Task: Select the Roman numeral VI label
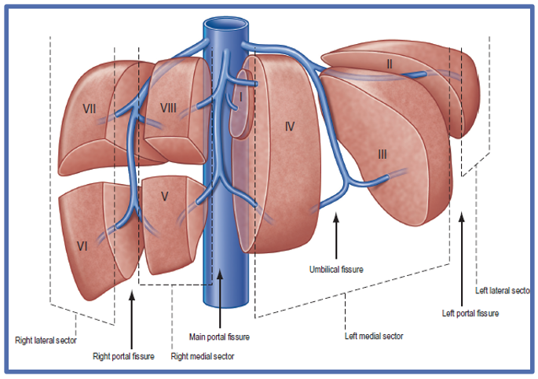click(x=82, y=245)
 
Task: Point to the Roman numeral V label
click(x=165, y=197)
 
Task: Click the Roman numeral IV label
click(x=289, y=126)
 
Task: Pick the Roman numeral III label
click(x=382, y=154)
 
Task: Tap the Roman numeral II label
click(x=389, y=62)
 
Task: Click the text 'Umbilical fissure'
click(x=336, y=269)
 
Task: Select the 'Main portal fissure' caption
click(x=220, y=337)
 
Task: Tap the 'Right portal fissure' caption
click(x=123, y=356)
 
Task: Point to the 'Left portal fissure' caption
click(x=471, y=314)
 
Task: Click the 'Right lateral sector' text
click(x=46, y=340)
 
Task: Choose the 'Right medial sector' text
click(x=203, y=356)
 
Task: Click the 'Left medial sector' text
click(x=374, y=336)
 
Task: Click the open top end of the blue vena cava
click(x=225, y=24)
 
